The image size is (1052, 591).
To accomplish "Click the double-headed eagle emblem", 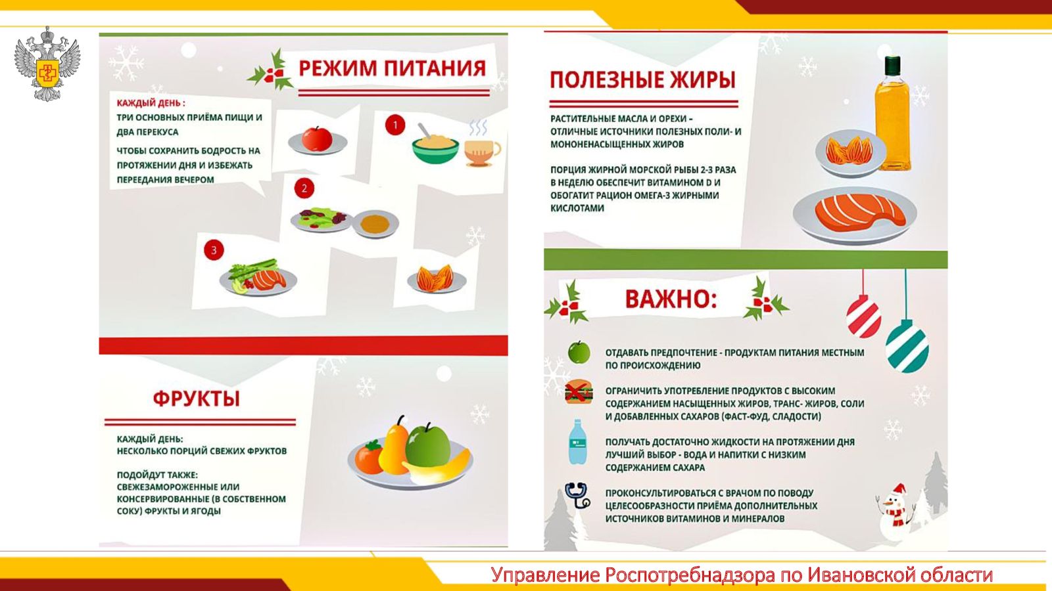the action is tap(47, 64).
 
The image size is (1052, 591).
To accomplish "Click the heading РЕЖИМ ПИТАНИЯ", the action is tap(392, 68).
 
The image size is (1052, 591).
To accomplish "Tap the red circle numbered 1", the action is tap(395, 125).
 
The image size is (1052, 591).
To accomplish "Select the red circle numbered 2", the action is tap(304, 188).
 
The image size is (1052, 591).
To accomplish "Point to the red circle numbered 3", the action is tap(214, 250).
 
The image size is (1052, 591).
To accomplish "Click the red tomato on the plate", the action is tap(317, 139).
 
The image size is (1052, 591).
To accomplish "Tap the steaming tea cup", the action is tap(482, 148).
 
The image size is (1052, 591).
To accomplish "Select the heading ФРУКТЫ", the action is tap(197, 399).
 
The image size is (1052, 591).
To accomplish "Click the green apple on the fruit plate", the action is tap(428, 445).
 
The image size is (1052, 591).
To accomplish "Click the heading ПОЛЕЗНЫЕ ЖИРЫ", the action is tap(642, 79).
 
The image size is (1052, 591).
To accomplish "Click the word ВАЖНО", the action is tap(671, 299).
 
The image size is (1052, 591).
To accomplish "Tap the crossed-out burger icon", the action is tap(579, 391).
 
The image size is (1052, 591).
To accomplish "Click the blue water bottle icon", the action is tap(577, 443).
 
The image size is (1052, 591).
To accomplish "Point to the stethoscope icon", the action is tap(578, 495).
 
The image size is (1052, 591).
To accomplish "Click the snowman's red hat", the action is tap(898, 490).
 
